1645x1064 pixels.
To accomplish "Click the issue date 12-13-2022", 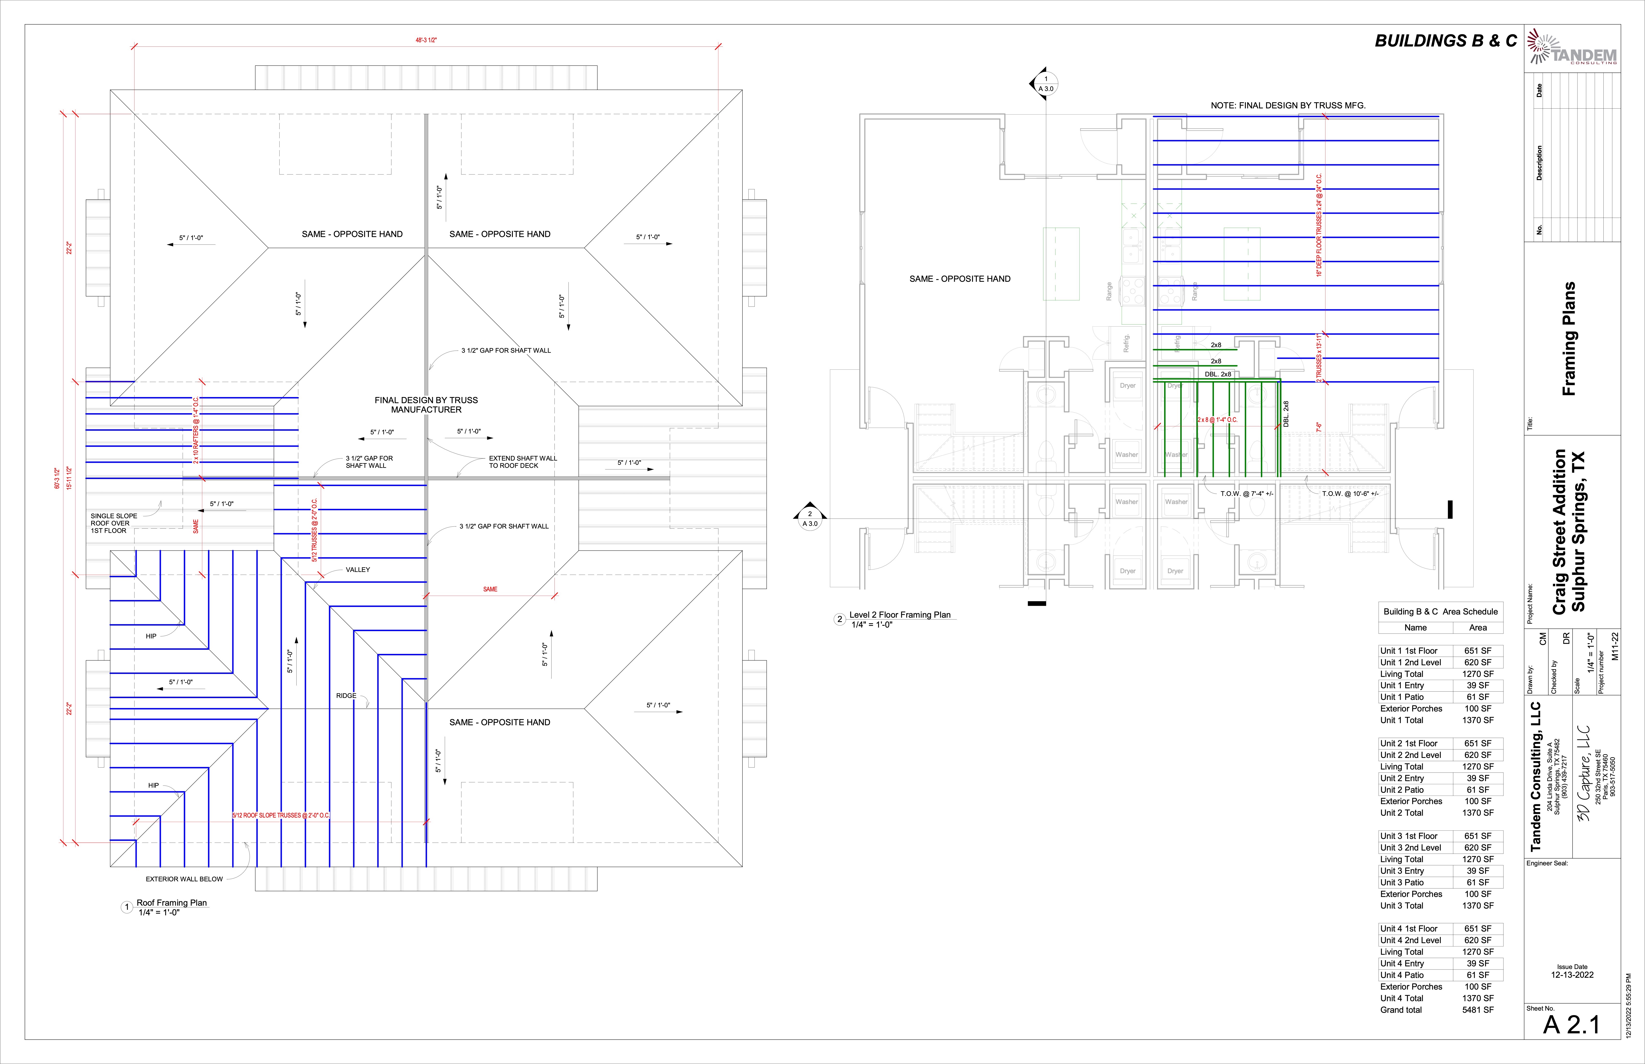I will tap(1572, 975).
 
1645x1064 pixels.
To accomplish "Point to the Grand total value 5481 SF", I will tap(1478, 1010).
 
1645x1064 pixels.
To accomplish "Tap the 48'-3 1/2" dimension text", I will tap(426, 40).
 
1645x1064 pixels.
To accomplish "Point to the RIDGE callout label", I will tap(346, 696).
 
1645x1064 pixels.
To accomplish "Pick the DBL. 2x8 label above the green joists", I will tap(1218, 375).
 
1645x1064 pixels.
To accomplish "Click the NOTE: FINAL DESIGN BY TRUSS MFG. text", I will tap(1288, 106).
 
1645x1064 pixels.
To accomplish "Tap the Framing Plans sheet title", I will tap(1569, 339).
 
